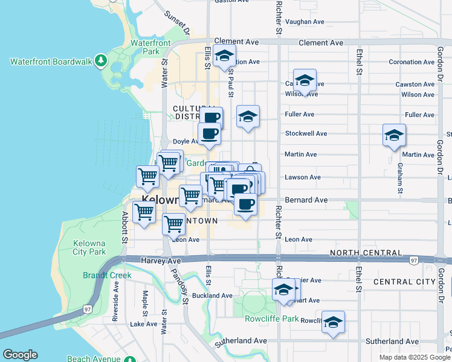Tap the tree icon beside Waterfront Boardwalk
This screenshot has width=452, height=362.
click(101, 62)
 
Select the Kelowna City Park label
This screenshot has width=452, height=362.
click(89, 247)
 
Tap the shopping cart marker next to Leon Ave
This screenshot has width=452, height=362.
click(174, 224)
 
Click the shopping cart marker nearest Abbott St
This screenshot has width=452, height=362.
click(144, 212)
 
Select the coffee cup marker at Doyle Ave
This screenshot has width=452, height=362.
click(210, 134)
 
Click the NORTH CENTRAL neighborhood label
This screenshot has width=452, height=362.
click(366, 253)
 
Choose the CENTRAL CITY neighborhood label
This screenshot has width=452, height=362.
click(404, 282)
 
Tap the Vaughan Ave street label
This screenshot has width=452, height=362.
click(305, 22)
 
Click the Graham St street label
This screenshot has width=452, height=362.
click(399, 179)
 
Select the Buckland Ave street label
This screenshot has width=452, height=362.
click(213, 296)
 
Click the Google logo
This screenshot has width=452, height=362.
click(20, 355)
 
